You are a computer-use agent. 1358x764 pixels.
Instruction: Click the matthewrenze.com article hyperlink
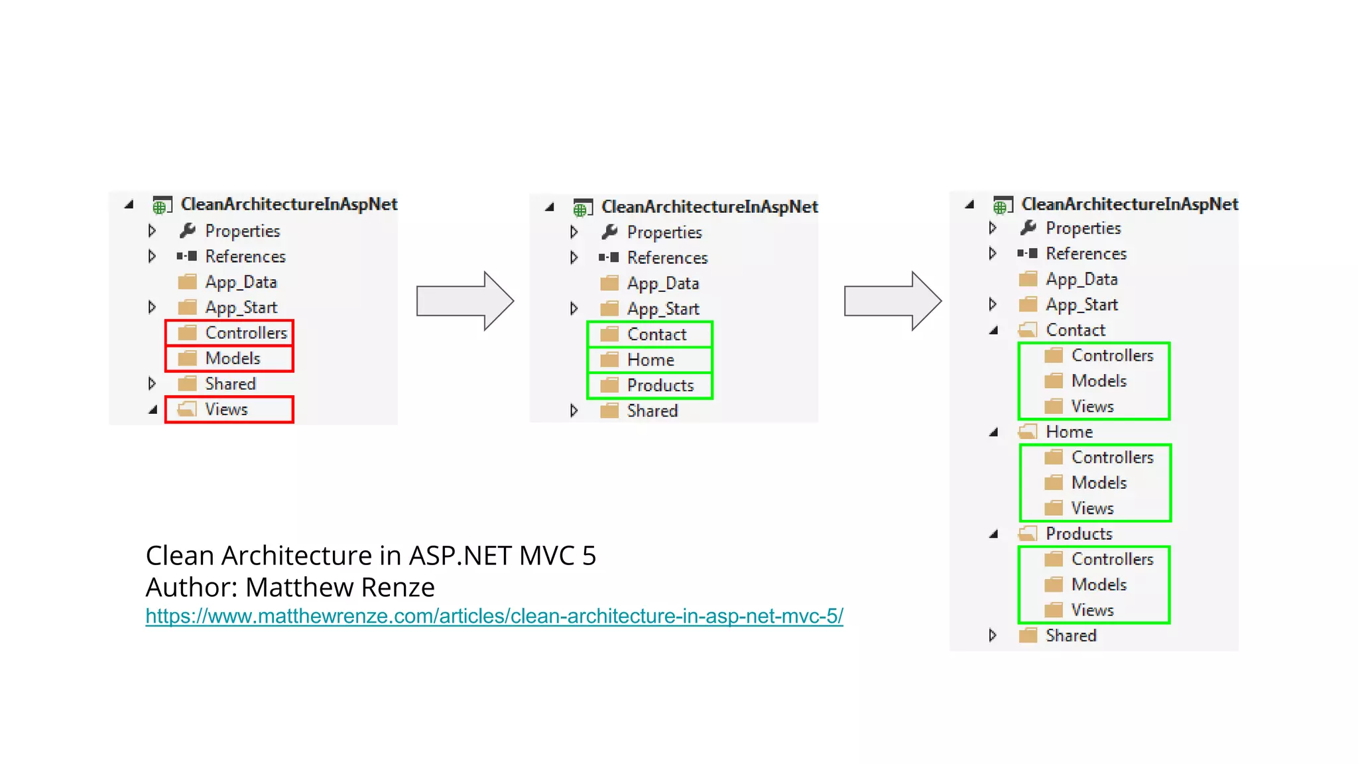(494, 616)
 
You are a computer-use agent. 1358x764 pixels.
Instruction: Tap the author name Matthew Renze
(339, 588)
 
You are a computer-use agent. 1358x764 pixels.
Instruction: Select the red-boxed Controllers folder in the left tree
(245, 333)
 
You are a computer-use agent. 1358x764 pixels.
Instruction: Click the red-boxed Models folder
(232, 359)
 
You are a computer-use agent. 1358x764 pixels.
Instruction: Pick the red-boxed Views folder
(225, 410)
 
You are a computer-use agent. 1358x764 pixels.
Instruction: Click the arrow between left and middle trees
(465, 301)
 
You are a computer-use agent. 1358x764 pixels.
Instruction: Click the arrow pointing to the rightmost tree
(893, 301)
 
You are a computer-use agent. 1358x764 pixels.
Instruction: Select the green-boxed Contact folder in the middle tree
(656, 335)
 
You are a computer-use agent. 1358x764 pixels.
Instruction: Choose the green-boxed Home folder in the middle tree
(650, 360)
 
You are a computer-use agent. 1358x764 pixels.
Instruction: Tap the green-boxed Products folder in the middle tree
(660, 386)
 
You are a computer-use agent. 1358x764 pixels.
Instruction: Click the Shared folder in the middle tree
(652, 411)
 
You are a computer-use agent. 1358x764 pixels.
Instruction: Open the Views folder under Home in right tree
(1092, 509)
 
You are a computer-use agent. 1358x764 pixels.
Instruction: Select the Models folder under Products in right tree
(1099, 585)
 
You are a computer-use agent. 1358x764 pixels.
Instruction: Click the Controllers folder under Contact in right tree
(1112, 356)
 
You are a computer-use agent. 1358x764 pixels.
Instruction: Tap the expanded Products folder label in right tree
(1079, 534)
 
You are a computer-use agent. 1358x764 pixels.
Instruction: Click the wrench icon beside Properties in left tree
(188, 231)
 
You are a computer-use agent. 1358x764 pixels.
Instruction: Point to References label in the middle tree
(667, 258)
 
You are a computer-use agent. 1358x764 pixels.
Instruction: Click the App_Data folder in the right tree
(1081, 279)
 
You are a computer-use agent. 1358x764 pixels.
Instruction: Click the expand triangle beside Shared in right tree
(993, 635)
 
